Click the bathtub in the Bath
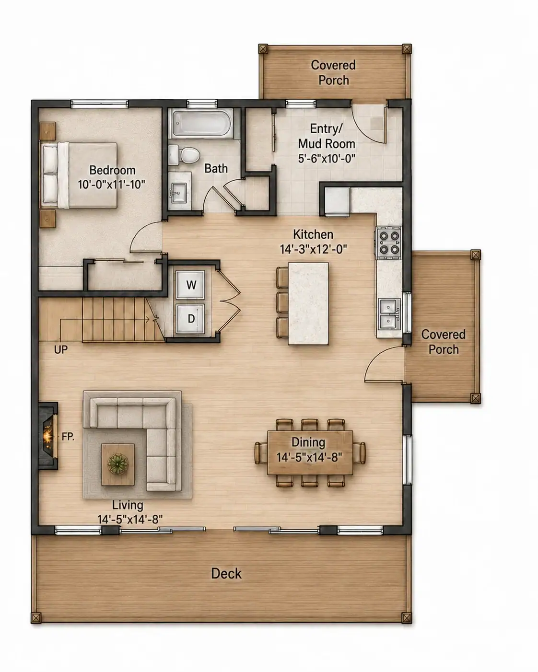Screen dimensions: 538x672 tap(201, 124)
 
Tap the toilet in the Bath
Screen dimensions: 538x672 tap(185, 155)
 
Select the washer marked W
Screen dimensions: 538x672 tap(190, 285)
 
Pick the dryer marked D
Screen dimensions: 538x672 tap(190, 319)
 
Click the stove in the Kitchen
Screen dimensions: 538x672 tap(389, 243)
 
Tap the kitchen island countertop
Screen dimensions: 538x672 tap(308, 303)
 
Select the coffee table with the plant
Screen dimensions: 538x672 tap(118, 464)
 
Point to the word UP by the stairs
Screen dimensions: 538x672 tap(60, 350)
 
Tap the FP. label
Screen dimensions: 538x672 tap(68, 436)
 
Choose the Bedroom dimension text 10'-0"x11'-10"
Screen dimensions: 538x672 tap(112, 185)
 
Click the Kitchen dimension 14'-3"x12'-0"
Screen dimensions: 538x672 tap(314, 249)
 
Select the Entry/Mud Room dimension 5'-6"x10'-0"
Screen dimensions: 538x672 tap(327, 159)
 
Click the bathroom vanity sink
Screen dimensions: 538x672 tap(178, 191)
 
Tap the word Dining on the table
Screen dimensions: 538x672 tap(308, 442)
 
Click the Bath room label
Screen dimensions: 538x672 tap(216, 168)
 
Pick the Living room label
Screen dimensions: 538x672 tap(128, 505)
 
